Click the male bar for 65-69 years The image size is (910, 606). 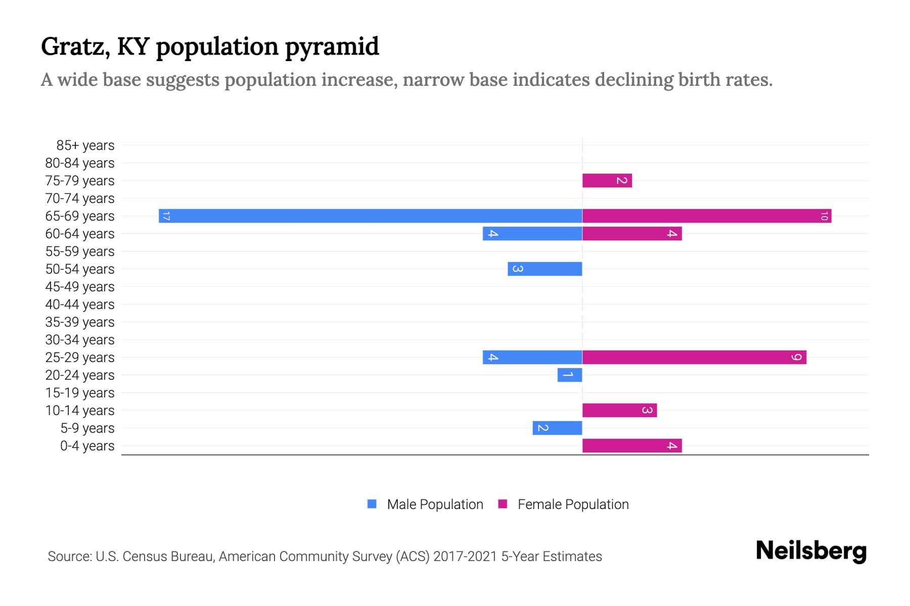[370, 216]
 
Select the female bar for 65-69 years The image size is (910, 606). [706, 216]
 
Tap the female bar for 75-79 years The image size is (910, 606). [607, 180]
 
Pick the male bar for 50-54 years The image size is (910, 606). [544, 269]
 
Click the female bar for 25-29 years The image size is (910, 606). [694, 357]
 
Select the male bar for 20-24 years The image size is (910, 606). [570, 375]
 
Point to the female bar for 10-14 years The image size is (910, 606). [619, 410]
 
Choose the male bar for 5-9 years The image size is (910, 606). [557, 428]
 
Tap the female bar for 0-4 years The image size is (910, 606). [631, 445]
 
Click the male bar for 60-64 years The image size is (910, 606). [532, 233]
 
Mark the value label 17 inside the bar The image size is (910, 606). [166, 216]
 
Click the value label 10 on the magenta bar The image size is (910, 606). [824, 216]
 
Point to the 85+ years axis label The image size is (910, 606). [85, 145]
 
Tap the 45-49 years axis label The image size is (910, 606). [80, 287]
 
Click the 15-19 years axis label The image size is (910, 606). [80, 393]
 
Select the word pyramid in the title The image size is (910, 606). [332, 46]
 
